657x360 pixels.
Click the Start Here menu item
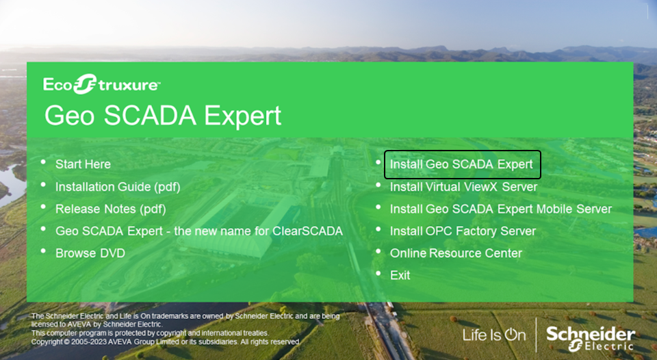83,164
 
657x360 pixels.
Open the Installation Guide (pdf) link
118,186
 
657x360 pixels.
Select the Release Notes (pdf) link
111,209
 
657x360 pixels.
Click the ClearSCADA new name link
199,231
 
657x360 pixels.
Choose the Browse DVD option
90,253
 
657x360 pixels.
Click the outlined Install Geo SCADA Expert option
462,164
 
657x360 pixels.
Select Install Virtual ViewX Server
463,186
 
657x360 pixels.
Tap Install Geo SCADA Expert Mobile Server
501,209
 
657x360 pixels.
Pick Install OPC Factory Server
463,231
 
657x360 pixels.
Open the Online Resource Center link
456,253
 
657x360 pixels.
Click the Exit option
400,275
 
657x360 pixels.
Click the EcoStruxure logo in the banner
101,83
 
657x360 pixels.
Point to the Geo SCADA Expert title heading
163,116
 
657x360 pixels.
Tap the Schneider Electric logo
591,339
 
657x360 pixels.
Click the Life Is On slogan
494,335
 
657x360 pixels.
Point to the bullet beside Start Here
44,162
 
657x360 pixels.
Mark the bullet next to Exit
378,273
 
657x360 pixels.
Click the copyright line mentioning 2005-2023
166,342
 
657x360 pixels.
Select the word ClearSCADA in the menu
307,231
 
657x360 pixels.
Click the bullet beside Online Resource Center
378,251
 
